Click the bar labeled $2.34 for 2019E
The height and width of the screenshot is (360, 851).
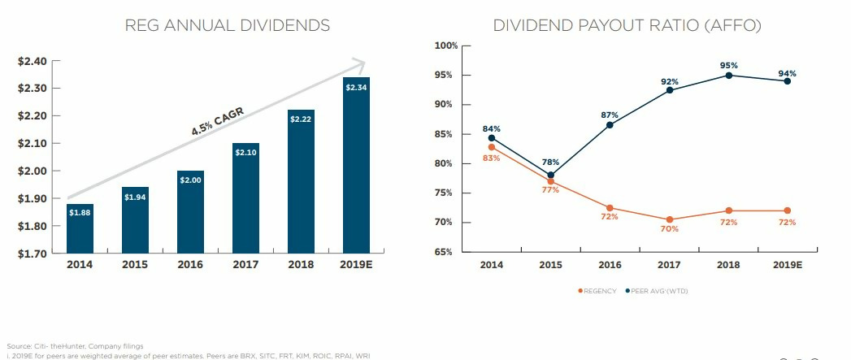[356, 165]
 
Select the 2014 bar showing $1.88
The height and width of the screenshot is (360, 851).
[80, 228]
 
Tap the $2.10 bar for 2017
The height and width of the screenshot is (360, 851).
[245, 198]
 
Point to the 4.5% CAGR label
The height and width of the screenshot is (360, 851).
[217, 121]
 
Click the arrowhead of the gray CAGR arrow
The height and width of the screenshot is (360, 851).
[360, 64]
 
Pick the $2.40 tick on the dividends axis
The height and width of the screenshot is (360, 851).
[33, 61]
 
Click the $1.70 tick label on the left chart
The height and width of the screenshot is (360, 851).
[33, 253]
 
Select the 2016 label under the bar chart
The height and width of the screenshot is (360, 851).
[190, 265]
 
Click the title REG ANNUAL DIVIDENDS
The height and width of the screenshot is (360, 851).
[228, 25]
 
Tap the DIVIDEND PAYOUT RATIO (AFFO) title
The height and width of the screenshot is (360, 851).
[627, 25]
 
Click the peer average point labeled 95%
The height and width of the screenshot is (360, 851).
[729, 76]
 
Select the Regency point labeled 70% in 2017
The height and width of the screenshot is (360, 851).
[670, 220]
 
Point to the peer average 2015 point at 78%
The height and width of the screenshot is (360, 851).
[551, 176]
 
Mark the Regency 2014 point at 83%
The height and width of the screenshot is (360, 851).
[492, 147]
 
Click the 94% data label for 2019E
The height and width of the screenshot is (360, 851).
[787, 73]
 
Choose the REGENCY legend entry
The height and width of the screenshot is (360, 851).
[597, 291]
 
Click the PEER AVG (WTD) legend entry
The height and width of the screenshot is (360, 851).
[657, 291]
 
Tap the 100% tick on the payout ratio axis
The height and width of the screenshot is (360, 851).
[446, 46]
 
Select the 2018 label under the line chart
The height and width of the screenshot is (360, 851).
[729, 265]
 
